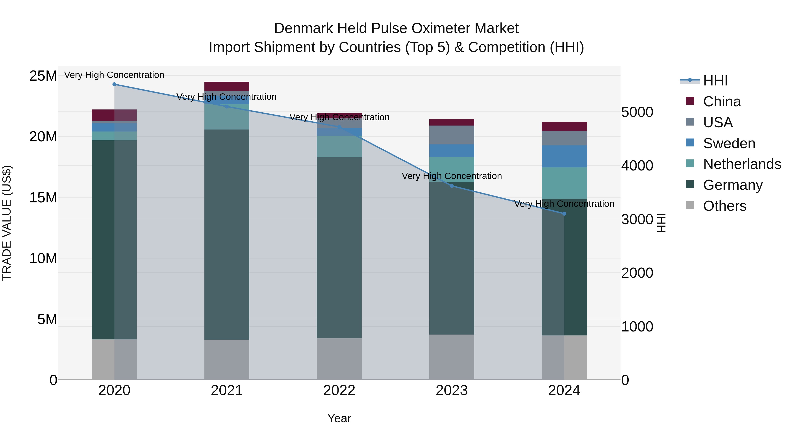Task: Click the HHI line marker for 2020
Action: pyautogui.click(x=114, y=84)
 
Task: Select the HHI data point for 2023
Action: pyautogui.click(x=452, y=186)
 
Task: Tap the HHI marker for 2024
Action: pyautogui.click(x=564, y=214)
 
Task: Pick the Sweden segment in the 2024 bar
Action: pyautogui.click(x=564, y=156)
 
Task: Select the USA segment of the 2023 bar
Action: pyautogui.click(x=452, y=135)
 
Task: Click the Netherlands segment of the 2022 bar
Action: pyautogui.click(x=339, y=146)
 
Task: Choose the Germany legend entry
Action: pyautogui.click(x=733, y=185)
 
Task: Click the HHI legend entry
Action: pyautogui.click(x=715, y=81)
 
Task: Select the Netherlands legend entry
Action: pyautogui.click(x=742, y=164)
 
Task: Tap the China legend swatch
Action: pyautogui.click(x=690, y=101)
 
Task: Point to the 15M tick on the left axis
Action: pyautogui.click(x=43, y=197)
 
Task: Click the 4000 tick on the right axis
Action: pyautogui.click(x=637, y=166)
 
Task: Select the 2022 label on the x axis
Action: pyautogui.click(x=339, y=390)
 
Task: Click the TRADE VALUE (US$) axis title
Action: pyautogui.click(x=7, y=223)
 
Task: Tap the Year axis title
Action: pyautogui.click(x=339, y=418)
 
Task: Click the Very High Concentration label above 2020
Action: pyautogui.click(x=114, y=75)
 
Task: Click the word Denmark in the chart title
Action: pyautogui.click(x=304, y=28)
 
